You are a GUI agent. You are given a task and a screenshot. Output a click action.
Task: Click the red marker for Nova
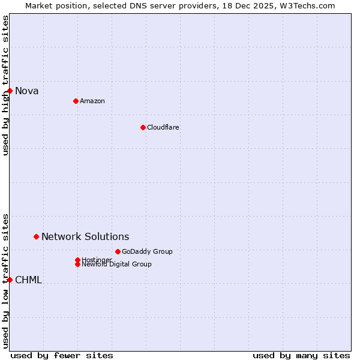10,91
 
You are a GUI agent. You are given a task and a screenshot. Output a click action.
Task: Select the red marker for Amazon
76,101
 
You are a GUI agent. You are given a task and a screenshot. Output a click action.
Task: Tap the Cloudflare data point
143,127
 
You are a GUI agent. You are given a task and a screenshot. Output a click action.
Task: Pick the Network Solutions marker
36,236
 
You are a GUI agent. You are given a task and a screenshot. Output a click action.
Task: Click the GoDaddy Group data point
118,251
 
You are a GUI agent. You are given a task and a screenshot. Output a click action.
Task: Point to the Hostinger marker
77,260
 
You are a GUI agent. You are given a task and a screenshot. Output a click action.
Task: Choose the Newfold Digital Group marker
77,264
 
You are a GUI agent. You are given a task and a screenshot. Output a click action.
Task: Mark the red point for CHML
10,280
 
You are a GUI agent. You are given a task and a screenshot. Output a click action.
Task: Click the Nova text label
26,91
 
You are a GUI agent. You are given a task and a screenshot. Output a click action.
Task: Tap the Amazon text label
92,101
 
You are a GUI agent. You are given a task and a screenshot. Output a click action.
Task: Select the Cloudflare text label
163,127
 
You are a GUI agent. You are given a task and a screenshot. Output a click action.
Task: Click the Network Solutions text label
85,237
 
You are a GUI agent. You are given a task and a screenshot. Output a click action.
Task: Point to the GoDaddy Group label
147,251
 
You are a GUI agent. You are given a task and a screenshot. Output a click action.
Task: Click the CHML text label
28,280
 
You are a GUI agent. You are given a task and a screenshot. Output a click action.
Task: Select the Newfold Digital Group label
116,264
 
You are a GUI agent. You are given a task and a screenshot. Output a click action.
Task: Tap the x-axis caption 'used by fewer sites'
62,355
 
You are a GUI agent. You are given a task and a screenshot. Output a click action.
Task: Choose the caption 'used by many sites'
301,355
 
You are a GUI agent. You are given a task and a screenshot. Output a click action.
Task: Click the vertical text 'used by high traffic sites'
5,85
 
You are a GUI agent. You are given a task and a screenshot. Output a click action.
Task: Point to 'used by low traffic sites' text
5,280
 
